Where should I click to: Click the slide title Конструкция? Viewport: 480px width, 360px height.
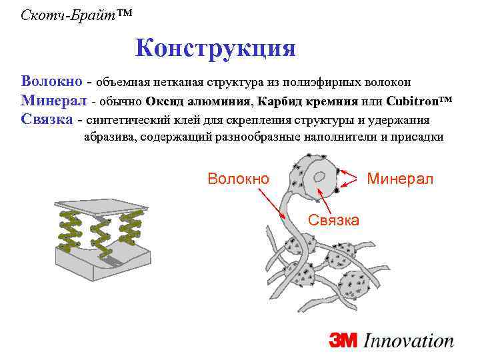point(215,48)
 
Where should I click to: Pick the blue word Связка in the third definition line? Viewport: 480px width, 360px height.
point(47,121)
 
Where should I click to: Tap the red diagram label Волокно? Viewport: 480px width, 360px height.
point(239,179)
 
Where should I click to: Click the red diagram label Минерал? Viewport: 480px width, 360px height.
point(400,179)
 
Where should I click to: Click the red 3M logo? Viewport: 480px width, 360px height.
point(344,341)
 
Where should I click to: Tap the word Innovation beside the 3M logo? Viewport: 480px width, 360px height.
point(409,341)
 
